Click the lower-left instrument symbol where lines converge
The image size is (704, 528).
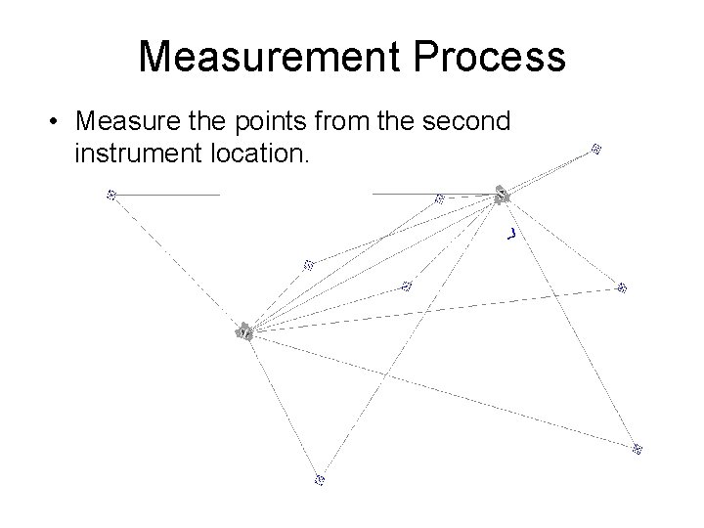pyautogui.click(x=243, y=331)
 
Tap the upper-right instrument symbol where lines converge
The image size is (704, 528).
pyautogui.click(x=502, y=195)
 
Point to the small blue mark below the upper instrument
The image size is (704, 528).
pyautogui.click(x=510, y=234)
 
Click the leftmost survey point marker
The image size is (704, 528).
pyautogui.click(x=110, y=195)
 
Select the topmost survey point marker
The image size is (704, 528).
pyautogui.click(x=595, y=150)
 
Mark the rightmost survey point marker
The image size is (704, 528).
pyautogui.click(x=637, y=449)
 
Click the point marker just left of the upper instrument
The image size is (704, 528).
pyautogui.click(x=439, y=199)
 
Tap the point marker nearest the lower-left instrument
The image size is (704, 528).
pyautogui.click(x=307, y=264)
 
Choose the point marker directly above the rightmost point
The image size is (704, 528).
pyautogui.click(x=621, y=286)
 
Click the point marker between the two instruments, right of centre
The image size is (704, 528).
pyautogui.click(x=407, y=286)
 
